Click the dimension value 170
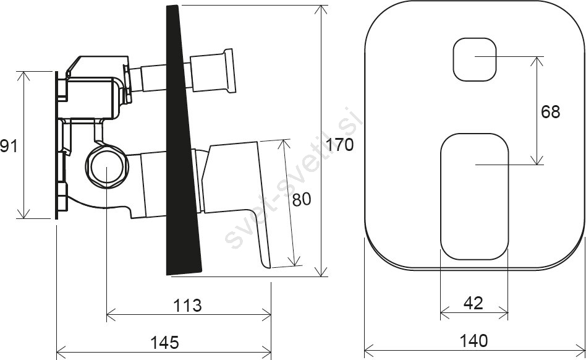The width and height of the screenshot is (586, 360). click(x=339, y=145)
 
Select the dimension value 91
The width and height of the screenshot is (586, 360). click(x=9, y=145)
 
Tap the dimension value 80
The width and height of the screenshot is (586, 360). click(x=301, y=200)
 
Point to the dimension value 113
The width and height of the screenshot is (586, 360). click(x=187, y=306)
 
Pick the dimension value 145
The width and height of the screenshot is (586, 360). click(x=164, y=342)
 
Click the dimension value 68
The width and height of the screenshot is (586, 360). click(x=551, y=112)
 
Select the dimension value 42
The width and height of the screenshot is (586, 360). click(x=473, y=303)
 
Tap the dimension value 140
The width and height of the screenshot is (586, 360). click(x=473, y=340)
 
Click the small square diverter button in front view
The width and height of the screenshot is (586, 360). click(x=475, y=59)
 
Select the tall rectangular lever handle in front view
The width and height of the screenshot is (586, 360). click(x=474, y=197)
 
